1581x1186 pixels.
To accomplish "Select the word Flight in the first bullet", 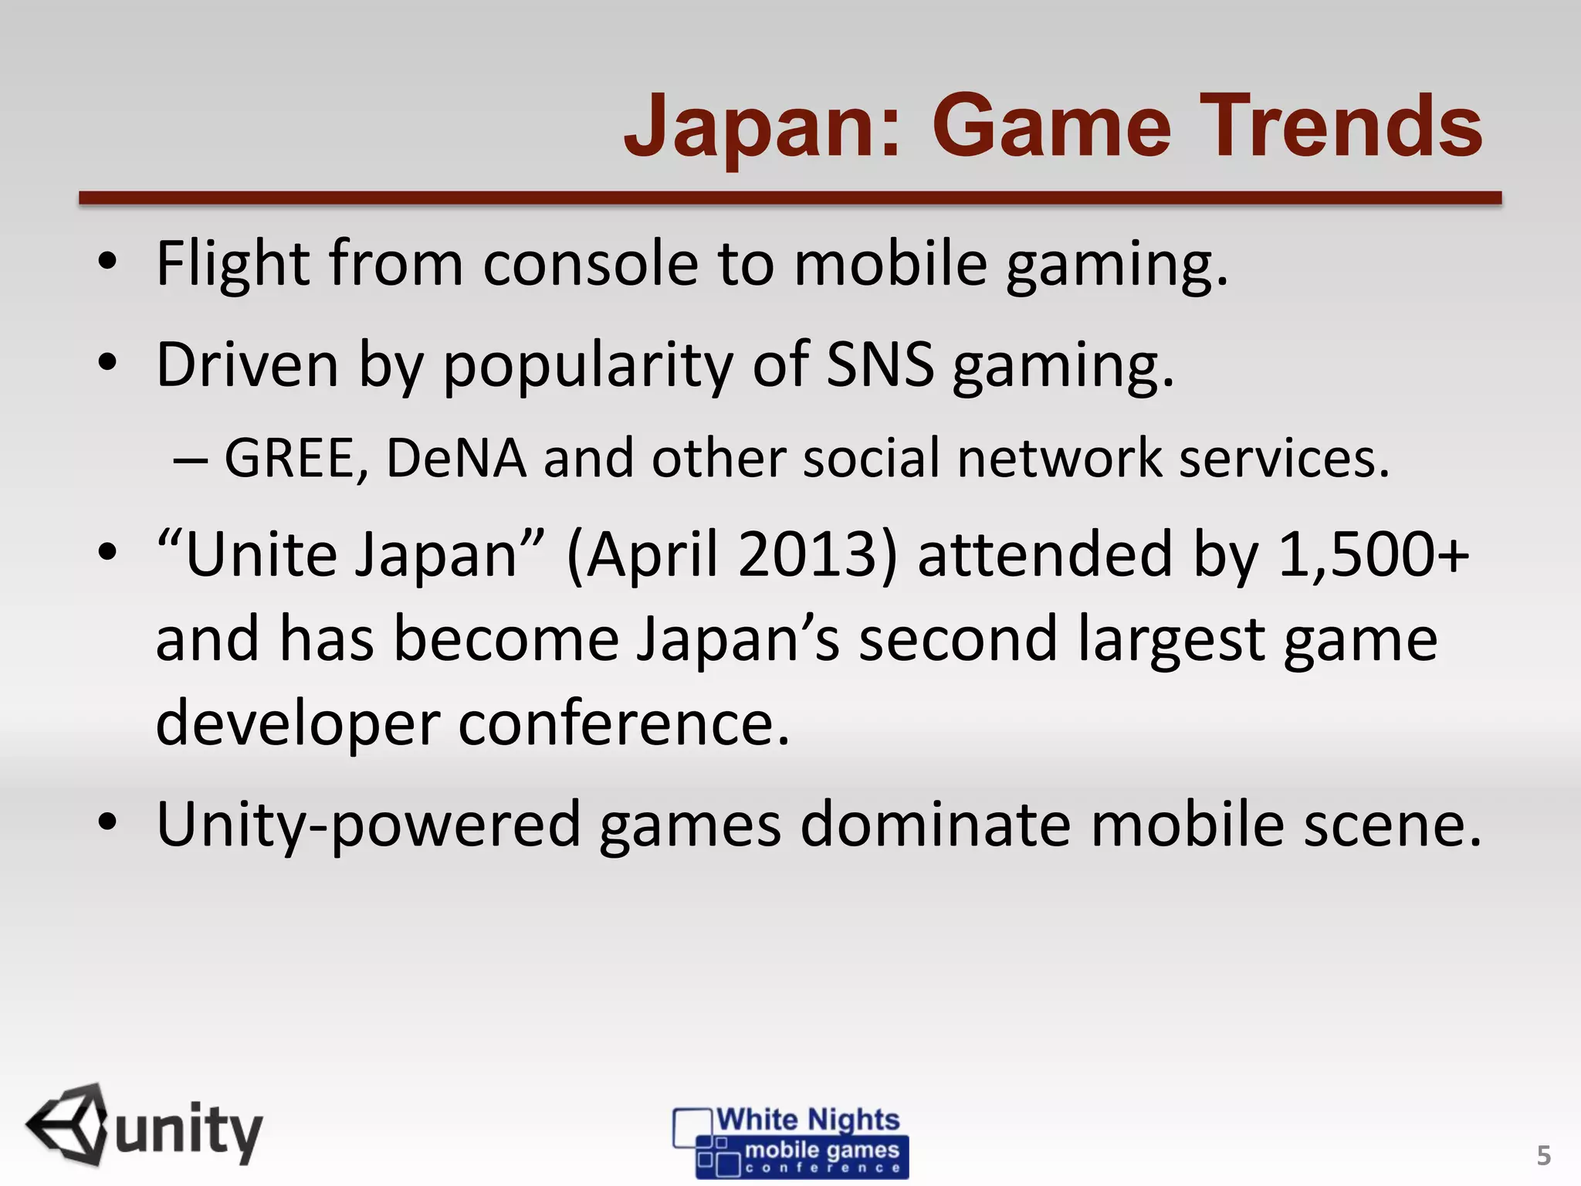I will pos(234,264).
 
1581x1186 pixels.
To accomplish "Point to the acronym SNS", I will pos(879,364).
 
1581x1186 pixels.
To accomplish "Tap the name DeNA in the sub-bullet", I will pos(455,459).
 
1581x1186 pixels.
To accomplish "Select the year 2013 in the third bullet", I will pos(816,554).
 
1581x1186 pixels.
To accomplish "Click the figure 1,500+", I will pos(1373,554).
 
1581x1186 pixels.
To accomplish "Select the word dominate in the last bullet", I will pos(935,825).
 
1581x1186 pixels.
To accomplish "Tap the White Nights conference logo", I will pos(790,1141).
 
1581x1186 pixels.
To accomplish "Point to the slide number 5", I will pos(1543,1155).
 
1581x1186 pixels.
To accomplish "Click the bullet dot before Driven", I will pos(107,362).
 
